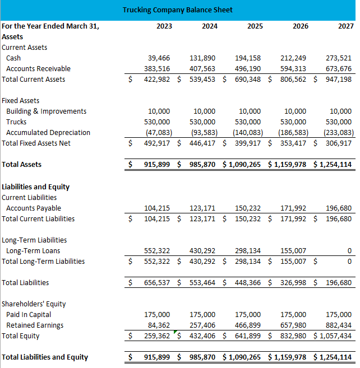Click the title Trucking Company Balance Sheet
tap(177, 10)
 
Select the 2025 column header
tap(255, 26)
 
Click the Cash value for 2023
tap(159, 58)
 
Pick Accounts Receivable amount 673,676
tap(338, 69)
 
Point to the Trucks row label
tap(16, 122)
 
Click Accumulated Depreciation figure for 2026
tap(292, 133)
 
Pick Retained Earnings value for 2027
tap(338, 325)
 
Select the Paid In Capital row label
tap(29, 315)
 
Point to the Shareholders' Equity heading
tap(34, 304)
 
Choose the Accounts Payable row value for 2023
tap(159, 208)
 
